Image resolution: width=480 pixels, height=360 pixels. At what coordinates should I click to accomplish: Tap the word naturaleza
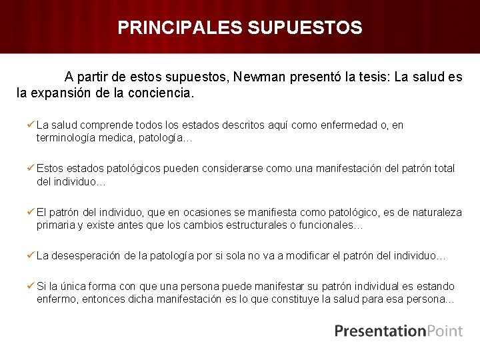(x=433, y=212)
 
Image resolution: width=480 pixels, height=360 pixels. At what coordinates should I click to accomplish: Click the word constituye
(x=290, y=299)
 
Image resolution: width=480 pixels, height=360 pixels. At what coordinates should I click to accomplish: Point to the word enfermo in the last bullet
(x=57, y=299)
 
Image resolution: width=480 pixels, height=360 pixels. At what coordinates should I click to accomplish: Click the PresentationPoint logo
(x=398, y=331)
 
